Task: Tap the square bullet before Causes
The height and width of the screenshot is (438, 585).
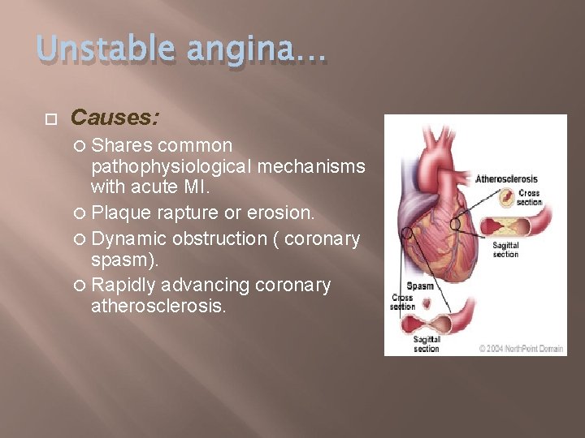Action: (x=50, y=118)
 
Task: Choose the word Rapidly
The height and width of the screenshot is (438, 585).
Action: (x=124, y=286)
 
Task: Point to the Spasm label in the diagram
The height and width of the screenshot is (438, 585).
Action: (x=419, y=286)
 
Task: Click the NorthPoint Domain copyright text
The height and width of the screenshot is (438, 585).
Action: (x=520, y=348)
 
